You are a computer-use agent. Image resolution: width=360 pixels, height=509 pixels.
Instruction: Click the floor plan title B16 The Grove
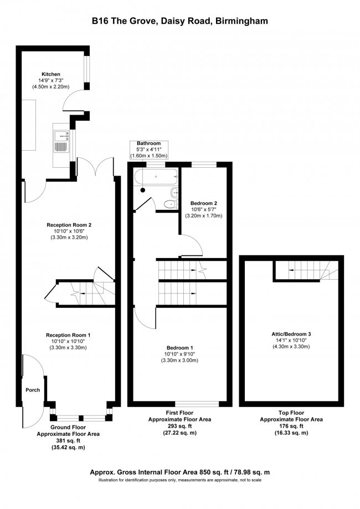pos(180,20)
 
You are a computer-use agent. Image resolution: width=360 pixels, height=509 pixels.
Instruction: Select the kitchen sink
pos(60,141)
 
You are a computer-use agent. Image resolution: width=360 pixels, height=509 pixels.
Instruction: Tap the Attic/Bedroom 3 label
pos(291,334)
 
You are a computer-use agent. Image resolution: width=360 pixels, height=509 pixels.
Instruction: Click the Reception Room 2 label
pos(69,225)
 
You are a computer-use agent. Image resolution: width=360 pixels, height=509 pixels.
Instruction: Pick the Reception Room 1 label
pos(68,335)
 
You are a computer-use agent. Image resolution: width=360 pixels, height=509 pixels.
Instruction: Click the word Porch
pos(33,390)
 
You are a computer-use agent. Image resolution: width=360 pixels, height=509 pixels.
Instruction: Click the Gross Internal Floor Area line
pos(180,472)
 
